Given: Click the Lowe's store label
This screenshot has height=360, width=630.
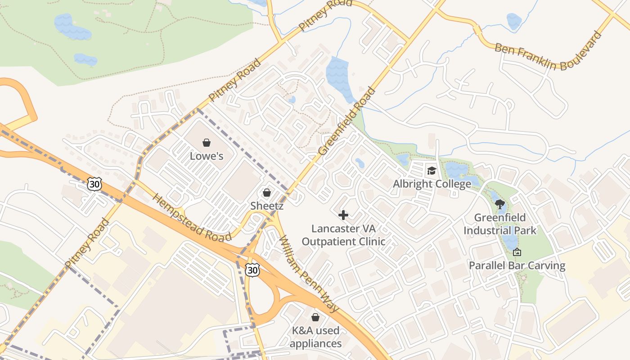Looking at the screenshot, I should (207, 156).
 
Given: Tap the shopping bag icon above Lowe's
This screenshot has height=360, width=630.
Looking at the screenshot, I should (207, 143).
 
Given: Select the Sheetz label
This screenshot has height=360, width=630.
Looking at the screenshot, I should (267, 206).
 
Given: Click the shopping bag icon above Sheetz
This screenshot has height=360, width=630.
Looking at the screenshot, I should (267, 193).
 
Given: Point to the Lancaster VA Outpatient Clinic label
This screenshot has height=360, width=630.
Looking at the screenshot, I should (343, 235).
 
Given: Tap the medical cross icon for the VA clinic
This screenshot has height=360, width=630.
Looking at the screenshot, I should (343, 215).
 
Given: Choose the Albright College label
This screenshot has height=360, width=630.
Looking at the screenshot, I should (432, 184).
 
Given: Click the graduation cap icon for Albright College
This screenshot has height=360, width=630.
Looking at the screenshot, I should (432, 171).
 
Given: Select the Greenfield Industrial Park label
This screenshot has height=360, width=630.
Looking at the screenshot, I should (500, 224).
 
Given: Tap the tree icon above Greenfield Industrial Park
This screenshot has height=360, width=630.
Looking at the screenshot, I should (499, 204).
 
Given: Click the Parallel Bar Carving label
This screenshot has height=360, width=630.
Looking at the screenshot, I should (517, 265).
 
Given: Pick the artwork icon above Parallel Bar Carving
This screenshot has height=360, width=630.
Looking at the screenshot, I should (517, 252).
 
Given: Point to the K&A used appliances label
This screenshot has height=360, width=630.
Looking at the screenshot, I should (315, 337).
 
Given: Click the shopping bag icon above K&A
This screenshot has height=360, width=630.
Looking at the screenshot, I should (315, 317).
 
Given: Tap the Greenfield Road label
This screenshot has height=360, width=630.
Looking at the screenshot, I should (347, 121).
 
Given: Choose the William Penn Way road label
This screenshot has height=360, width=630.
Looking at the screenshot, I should (309, 274).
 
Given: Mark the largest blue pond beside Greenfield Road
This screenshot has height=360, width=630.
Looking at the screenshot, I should (340, 76).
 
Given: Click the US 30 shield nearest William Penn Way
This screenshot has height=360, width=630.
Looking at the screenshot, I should (252, 270).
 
